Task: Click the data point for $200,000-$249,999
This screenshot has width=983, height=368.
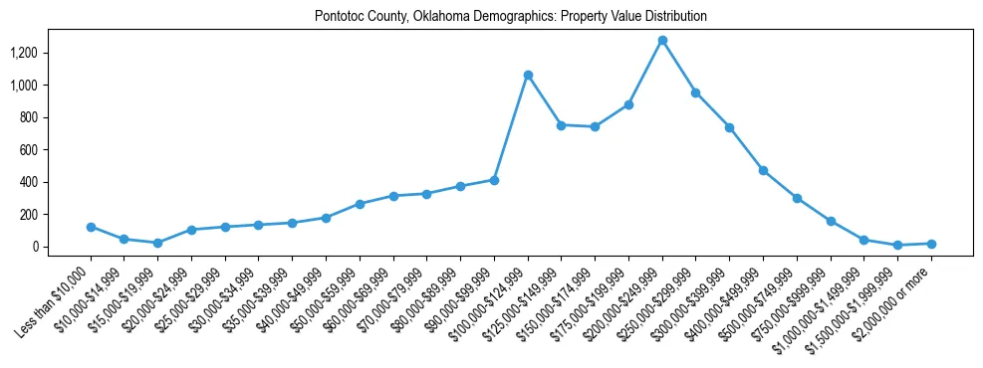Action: [662, 41]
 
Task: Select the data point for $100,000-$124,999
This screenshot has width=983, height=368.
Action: [528, 75]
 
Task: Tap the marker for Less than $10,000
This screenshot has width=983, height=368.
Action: [91, 227]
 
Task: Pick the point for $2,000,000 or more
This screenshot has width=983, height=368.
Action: [931, 244]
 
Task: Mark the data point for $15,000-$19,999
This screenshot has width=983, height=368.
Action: [157, 243]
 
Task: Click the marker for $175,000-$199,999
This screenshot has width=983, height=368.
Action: [628, 104]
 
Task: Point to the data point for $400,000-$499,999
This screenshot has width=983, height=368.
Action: [763, 170]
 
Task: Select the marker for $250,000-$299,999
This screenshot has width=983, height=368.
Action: [696, 92]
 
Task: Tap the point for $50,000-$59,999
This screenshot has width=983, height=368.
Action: [360, 204]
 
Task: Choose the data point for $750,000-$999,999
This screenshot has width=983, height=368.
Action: [831, 221]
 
